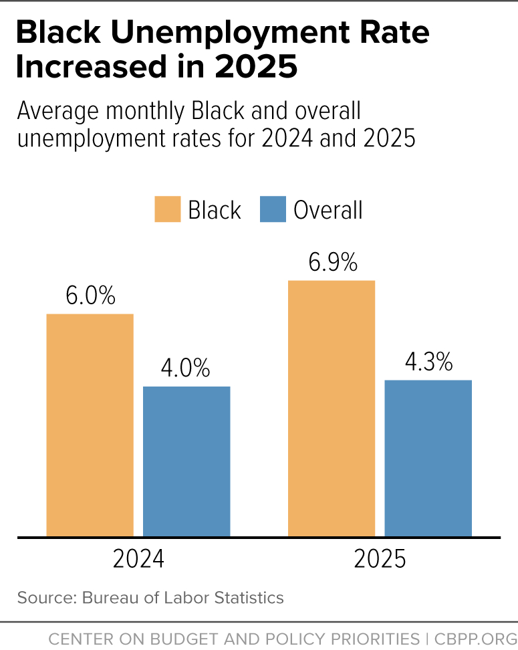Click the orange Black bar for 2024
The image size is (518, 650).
tap(90, 425)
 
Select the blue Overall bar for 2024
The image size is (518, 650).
tap(186, 461)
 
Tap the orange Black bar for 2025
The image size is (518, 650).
tap(331, 408)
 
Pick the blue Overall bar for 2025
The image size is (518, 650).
tap(428, 458)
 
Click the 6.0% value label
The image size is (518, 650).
tap(90, 296)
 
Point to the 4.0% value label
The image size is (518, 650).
tap(185, 368)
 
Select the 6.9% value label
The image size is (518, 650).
tap(332, 263)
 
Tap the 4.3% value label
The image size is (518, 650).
tap(428, 362)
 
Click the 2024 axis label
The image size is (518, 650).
tap(138, 559)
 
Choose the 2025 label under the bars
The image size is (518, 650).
tap(380, 559)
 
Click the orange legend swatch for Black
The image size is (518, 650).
tap(167, 209)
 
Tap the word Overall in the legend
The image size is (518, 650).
tap(328, 210)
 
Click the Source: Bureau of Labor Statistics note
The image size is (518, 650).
tap(150, 597)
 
